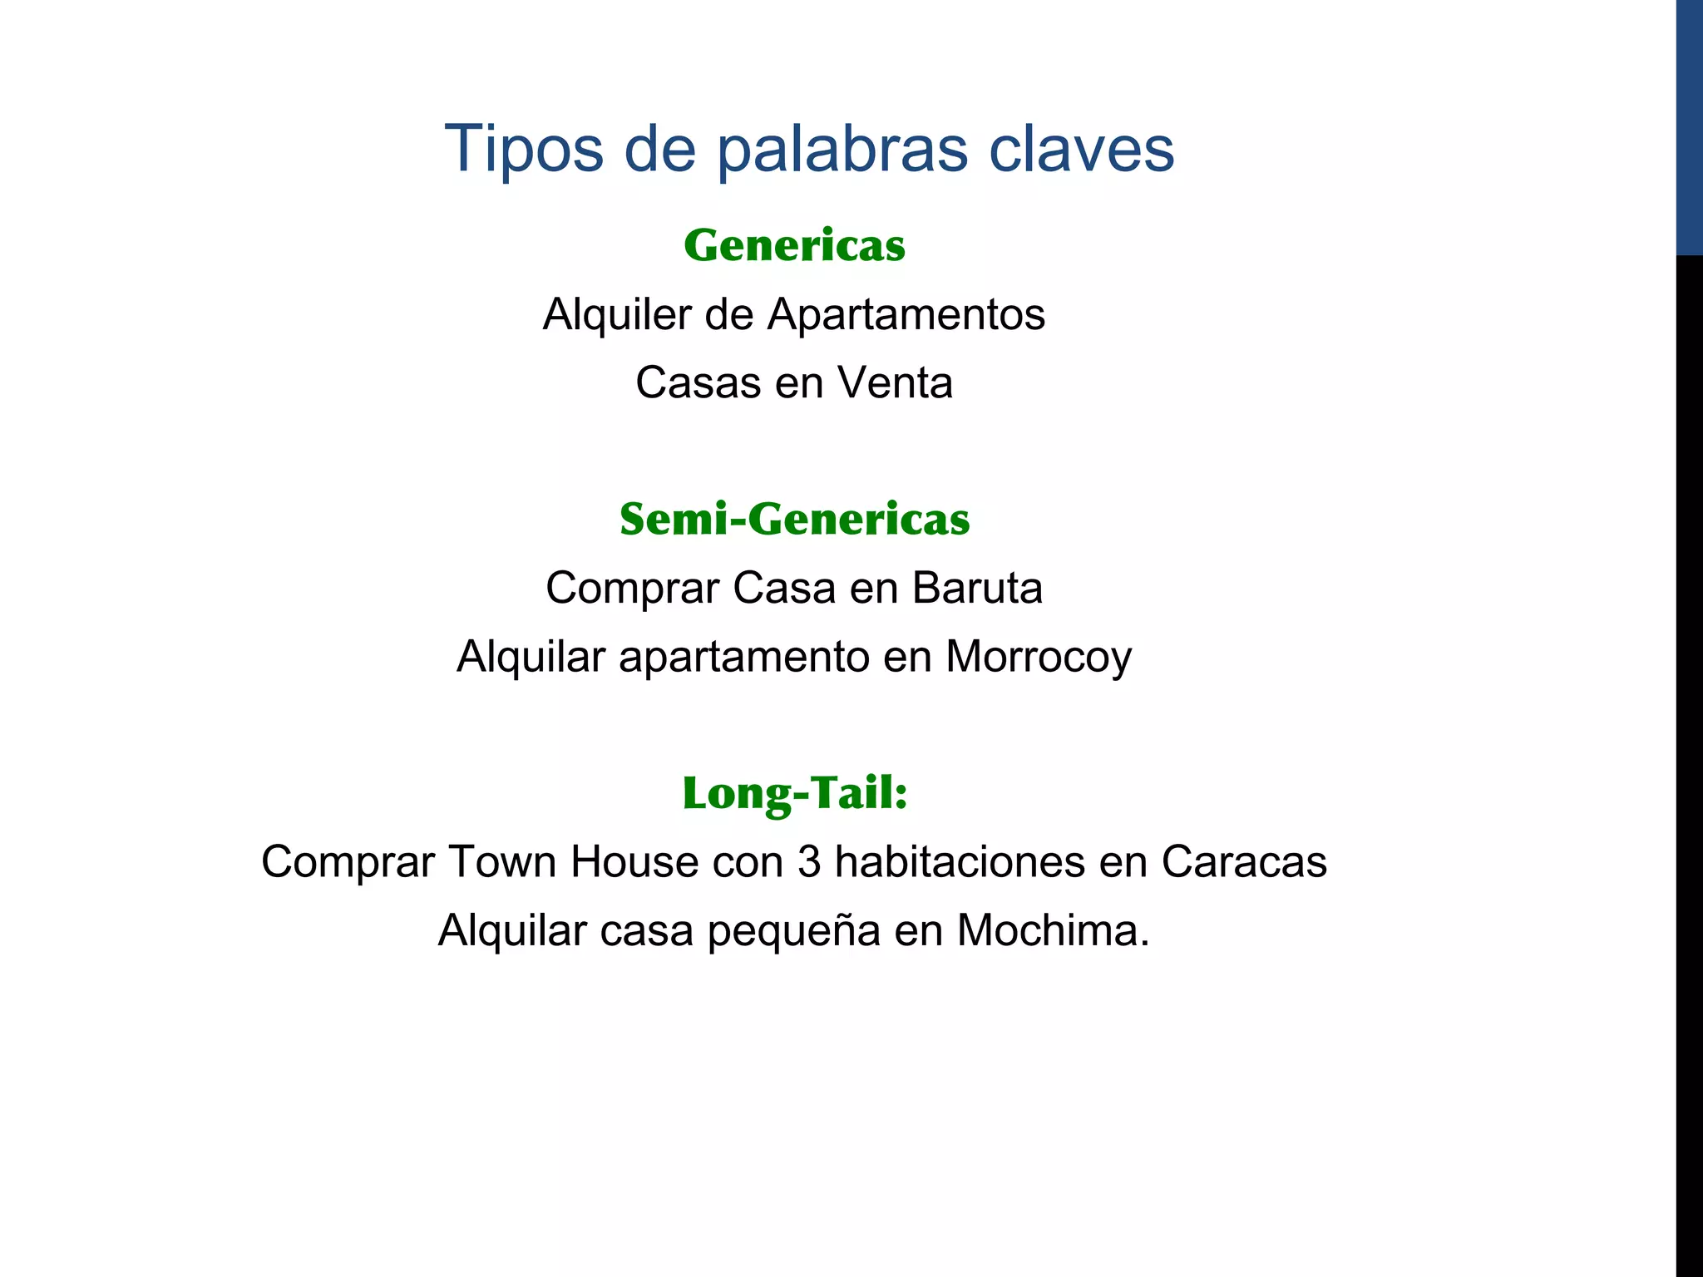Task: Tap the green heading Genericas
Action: tap(794, 246)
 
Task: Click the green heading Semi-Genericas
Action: tap(794, 520)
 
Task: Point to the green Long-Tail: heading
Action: tap(794, 792)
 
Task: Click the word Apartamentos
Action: tap(906, 315)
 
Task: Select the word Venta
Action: tap(895, 383)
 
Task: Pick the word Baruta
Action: tap(977, 589)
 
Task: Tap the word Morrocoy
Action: tap(1039, 657)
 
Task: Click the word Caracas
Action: tap(1244, 862)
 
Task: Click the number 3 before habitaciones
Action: tap(809, 862)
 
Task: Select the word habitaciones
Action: tap(960, 862)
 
